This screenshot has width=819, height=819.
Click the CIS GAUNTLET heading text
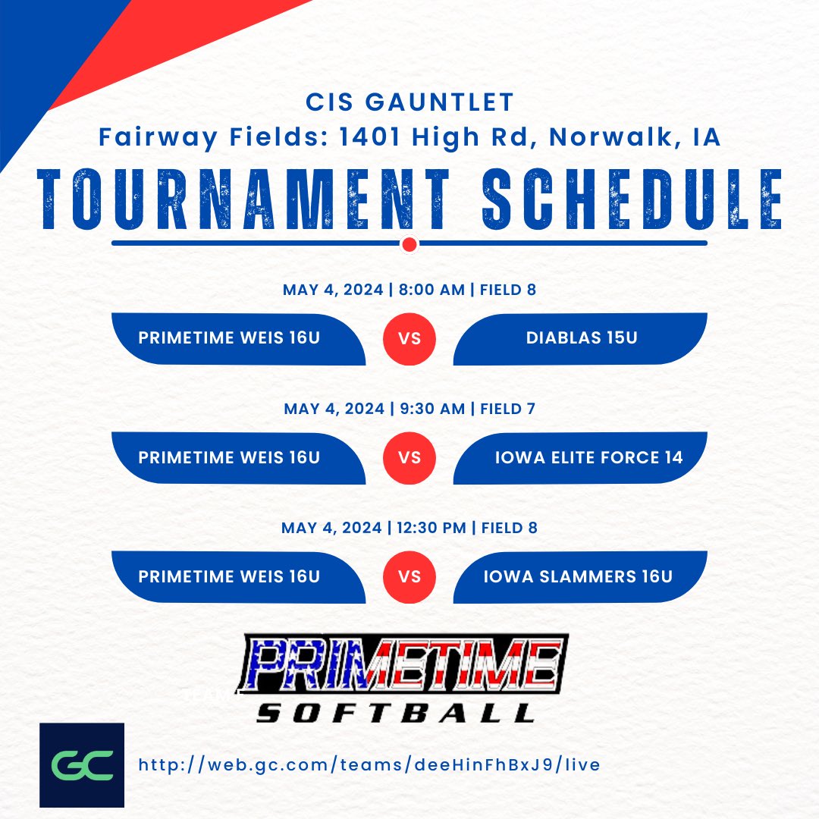(x=409, y=101)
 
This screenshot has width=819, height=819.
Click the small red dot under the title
(x=409, y=244)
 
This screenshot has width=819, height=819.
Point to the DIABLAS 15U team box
(x=581, y=338)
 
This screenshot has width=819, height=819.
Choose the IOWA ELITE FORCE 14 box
(x=581, y=457)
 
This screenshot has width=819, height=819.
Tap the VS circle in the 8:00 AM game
(x=409, y=338)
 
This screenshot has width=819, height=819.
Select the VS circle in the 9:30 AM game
(x=409, y=457)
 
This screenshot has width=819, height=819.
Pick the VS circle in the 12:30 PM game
(x=409, y=576)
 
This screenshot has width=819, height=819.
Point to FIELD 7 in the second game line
(x=507, y=409)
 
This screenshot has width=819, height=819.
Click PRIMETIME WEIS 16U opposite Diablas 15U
(x=230, y=338)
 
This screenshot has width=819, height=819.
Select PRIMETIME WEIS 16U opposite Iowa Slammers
(x=230, y=576)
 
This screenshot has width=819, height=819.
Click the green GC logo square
(x=81, y=764)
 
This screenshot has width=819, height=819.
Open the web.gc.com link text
(x=369, y=764)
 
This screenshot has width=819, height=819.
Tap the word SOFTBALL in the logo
(x=395, y=714)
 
